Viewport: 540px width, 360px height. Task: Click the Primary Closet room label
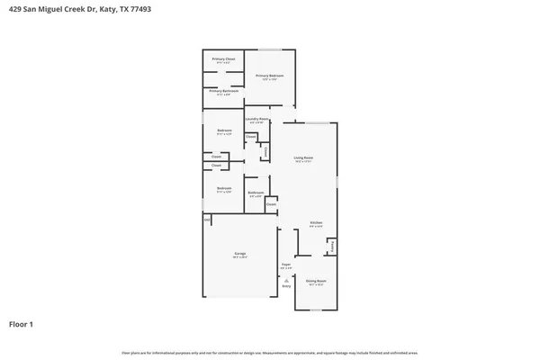point(224,59)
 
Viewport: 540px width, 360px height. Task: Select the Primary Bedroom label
point(271,76)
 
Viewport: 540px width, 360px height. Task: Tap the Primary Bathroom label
point(224,91)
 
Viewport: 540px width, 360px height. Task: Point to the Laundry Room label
point(256,120)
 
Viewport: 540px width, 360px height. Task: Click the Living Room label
point(303,158)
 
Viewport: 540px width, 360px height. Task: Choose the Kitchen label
point(316,223)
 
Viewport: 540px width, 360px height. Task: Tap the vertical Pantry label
point(332,246)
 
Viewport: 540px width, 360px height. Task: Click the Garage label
point(240,255)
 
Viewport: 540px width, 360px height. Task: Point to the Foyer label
point(286,265)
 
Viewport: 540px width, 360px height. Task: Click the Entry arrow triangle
point(286,280)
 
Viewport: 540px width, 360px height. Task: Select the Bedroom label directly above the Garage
point(224,188)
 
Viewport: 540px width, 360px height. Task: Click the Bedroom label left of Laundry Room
point(224,131)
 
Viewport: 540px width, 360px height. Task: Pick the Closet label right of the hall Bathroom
point(271,204)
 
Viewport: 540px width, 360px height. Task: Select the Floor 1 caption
point(22,322)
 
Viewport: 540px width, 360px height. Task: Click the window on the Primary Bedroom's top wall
point(270,49)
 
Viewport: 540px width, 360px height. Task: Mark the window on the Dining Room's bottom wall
point(316,310)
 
